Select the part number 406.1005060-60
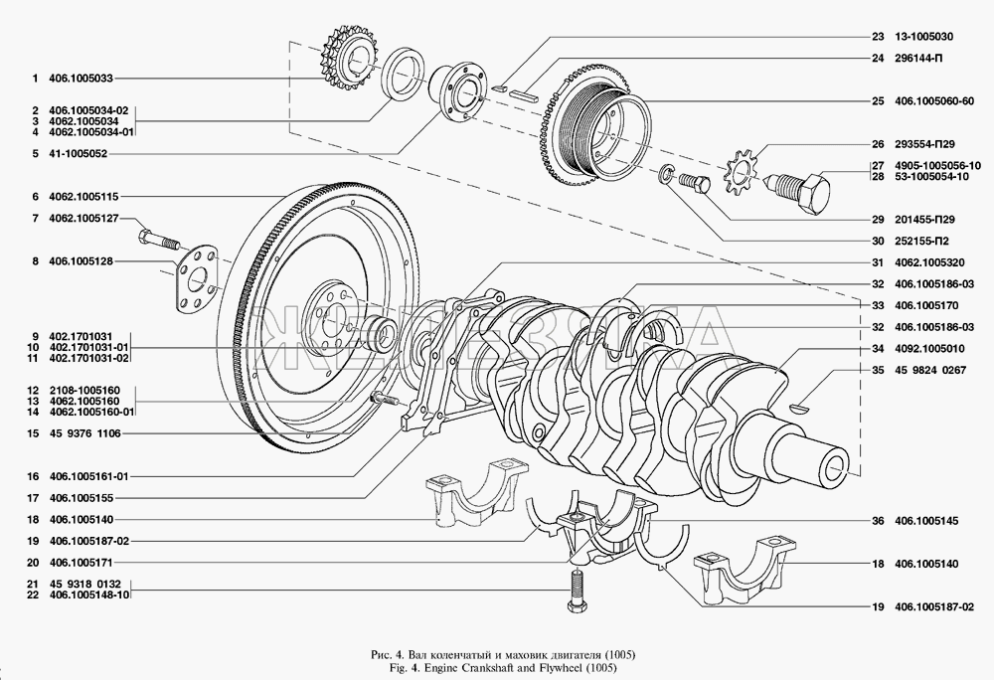tap(940, 100)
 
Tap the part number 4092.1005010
tap(930, 349)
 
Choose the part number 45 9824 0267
tap(932, 371)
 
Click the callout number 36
tap(878, 520)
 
